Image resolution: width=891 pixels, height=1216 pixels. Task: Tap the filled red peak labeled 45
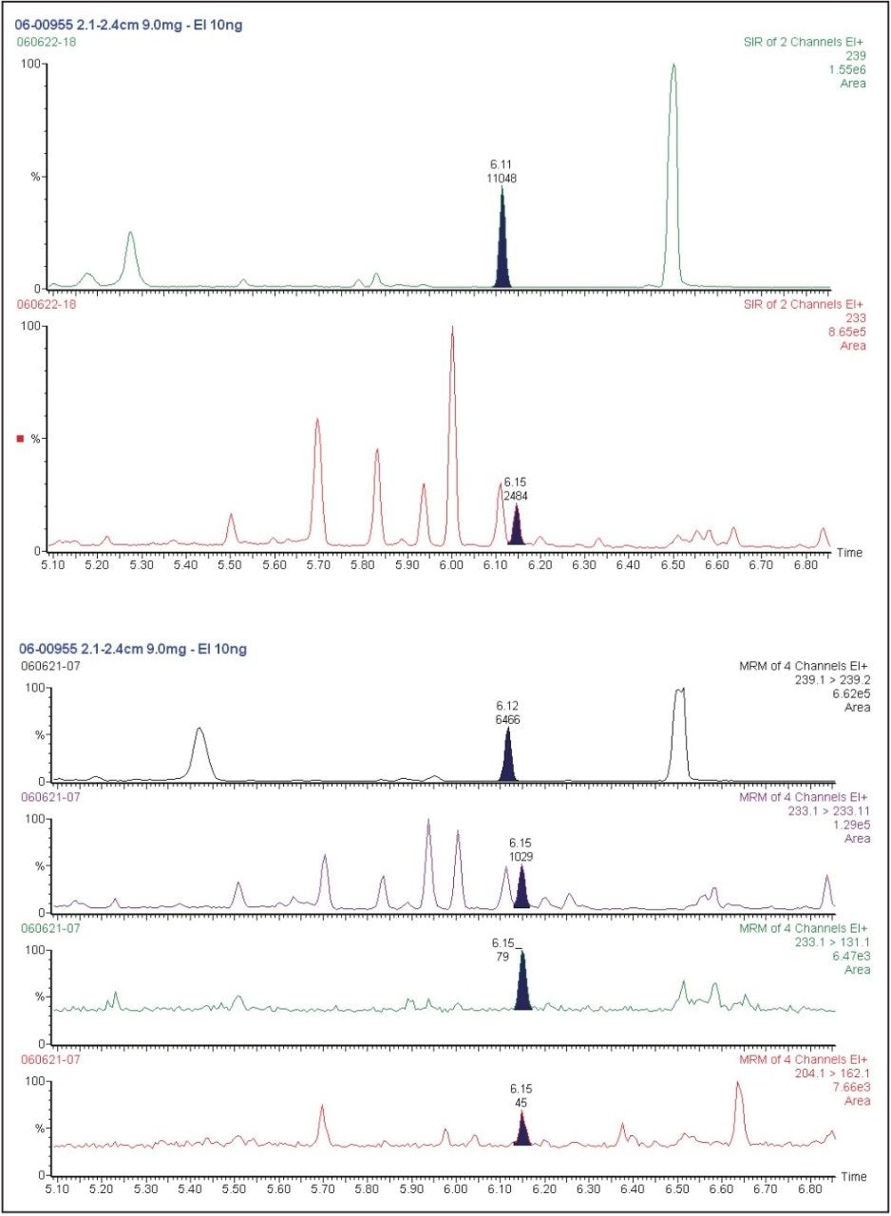tap(521, 1130)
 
